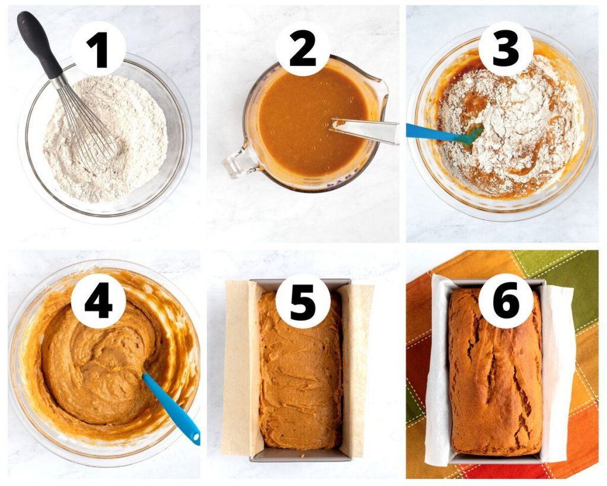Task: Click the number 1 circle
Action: (x=98, y=49)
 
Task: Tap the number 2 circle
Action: (x=303, y=49)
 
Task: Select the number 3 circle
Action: (x=506, y=49)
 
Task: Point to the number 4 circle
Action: (x=98, y=301)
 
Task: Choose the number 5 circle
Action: (x=303, y=301)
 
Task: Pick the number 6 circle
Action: (x=506, y=301)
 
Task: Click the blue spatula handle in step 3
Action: (x=433, y=132)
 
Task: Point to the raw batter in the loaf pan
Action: (x=301, y=372)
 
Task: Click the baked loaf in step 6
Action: (x=495, y=373)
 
